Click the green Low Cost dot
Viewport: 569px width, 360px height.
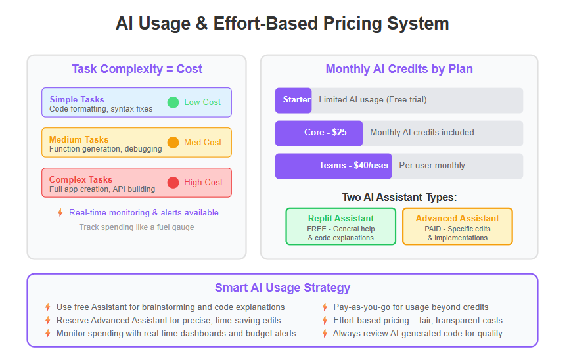click(x=173, y=102)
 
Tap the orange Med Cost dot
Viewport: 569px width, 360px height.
click(x=173, y=143)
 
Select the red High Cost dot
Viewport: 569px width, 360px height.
click(x=173, y=183)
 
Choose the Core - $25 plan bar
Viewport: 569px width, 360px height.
click(x=319, y=133)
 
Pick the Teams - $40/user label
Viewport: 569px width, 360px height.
click(x=354, y=166)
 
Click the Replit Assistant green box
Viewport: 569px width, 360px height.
click(x=341, y=227)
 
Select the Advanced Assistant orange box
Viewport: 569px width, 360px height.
click(x=457, y=227)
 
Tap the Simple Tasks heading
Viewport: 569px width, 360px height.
click(x=77, y=99)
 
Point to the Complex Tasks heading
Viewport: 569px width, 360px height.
click(x=81, y=179)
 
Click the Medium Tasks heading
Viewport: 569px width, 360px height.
click(x=79, y=139)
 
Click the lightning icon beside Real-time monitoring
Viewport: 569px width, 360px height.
click(x=60, y=213)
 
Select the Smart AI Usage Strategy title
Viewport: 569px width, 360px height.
click(x=283, y=288)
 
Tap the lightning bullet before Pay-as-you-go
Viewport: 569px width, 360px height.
click(x=325, y=307)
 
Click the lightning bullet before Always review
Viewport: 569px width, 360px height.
click(x=325, y=334)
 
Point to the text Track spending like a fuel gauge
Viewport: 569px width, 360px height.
click(x=137, y=227)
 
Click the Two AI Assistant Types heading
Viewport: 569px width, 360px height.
click(x=399, y=198)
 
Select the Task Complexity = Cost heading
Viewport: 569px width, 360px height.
click(x=137, y=69)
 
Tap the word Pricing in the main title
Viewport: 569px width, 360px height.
click(x=352, y=24)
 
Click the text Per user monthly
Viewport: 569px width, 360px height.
click(x=432, y=166)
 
